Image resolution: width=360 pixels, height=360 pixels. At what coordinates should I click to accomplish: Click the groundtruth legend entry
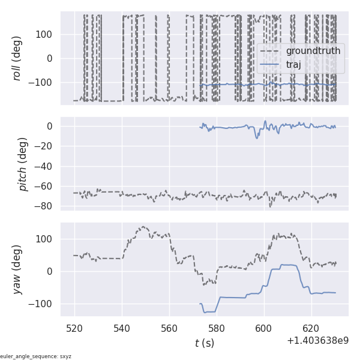(x=313, y=51)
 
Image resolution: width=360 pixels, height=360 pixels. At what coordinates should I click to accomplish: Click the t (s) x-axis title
(x=204, y=343)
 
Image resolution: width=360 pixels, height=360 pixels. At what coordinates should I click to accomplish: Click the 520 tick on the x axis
(x=75, y=329)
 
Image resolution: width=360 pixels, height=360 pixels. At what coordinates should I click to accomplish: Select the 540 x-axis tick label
(x=122, y=329)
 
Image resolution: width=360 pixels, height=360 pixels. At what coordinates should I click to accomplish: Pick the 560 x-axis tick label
(x=169, y=329)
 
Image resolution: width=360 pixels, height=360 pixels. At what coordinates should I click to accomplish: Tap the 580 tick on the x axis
(x=217, y=329)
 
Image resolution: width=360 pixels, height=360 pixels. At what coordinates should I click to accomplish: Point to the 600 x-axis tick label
(x=264, y=329)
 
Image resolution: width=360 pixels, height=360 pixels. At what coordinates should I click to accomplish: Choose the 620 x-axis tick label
(x=311, y=329)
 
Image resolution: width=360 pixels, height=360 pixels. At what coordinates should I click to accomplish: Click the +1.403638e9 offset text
(x=317, y=341)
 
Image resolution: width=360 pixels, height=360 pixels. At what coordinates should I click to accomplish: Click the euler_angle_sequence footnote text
(x=36, y=356)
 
